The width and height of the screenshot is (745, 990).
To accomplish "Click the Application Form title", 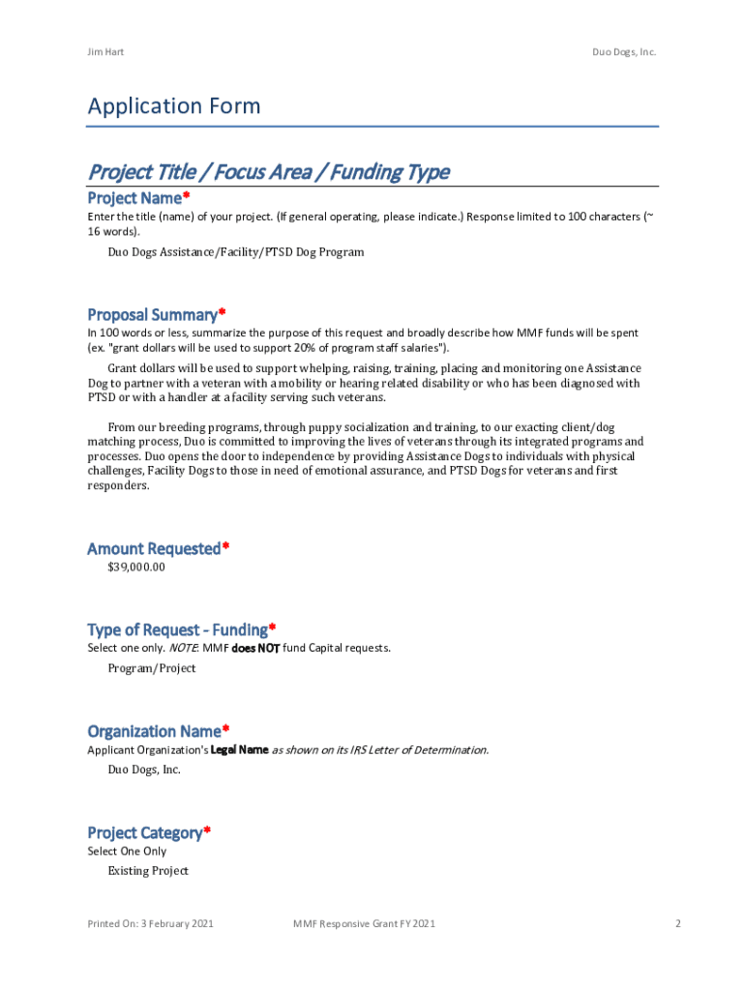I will coord(174,105).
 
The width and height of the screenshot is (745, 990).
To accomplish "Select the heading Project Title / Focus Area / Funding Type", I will coord(268,172).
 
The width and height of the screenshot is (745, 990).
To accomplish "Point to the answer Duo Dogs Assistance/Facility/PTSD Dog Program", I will coord(236,252).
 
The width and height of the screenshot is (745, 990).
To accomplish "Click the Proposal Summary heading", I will coord(152,314).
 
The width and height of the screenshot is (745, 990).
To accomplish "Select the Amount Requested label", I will coord(154,548).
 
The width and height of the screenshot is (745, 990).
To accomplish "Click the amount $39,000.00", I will coord(136,568).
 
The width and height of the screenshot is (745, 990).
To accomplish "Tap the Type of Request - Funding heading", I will coord(177,629).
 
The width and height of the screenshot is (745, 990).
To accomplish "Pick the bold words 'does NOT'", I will coord(255,648).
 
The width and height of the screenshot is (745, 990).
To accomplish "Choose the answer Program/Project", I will coord(152,668).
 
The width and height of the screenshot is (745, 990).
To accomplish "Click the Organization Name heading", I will coord(154,731).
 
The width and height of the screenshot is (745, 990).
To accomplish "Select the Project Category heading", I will coord(145,832).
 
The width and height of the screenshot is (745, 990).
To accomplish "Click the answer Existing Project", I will coord(148,871).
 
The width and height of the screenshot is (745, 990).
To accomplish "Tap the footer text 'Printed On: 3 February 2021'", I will coord(150,924).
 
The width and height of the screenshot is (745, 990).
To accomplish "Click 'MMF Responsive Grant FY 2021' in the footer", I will coord(364,924).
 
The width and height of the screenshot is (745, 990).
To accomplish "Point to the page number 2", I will coord(678,924).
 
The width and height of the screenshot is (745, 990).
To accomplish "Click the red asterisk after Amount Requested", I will coord(225,547).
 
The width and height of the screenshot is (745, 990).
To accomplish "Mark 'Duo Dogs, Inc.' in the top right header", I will coord(624,51).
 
